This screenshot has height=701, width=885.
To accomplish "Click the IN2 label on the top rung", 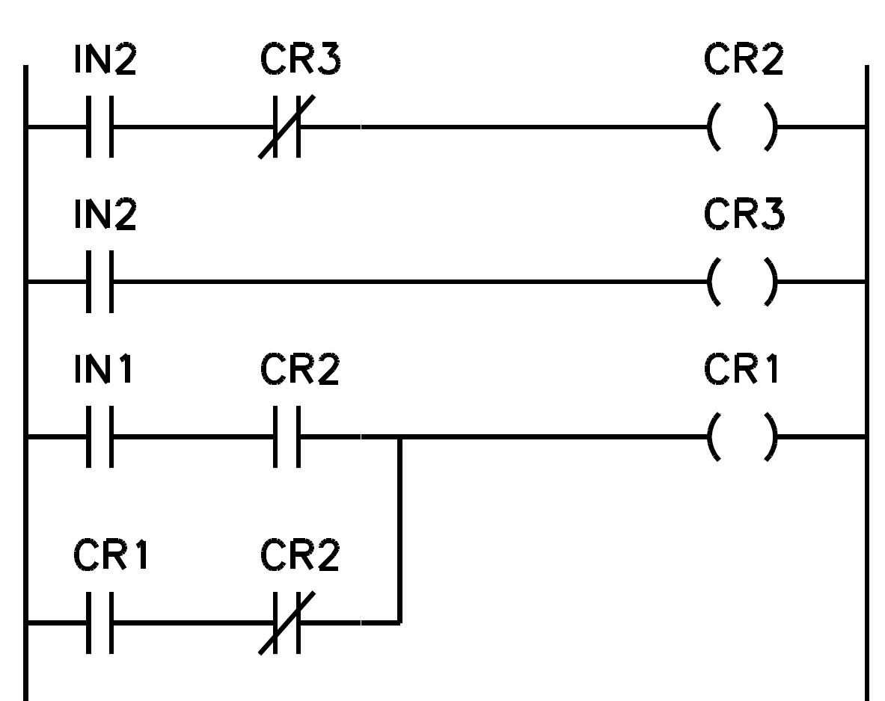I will [x=105, y=61].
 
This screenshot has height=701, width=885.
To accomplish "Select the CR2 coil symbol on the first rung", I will [x=742, y=126].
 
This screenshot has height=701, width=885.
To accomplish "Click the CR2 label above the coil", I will [x=743, y=61].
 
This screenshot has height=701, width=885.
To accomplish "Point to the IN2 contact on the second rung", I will [x=100, y=282].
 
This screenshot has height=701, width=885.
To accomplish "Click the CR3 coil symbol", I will [x=742, y=282].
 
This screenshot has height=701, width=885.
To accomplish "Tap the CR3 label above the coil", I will [x=743, y=215].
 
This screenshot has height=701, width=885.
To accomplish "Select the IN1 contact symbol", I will [x=100, y=436].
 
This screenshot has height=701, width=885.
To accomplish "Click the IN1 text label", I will [x=103, y=370].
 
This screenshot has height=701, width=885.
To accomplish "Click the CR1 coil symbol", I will [x=742, y=436].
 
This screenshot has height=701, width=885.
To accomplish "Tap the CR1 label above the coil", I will [x=741, y=370].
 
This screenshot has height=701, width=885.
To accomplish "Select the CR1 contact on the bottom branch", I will [x=100, y=622].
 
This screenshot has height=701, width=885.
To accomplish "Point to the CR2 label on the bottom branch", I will [x=299, y=556].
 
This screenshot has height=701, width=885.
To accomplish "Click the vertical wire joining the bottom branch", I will [x=399, y=531].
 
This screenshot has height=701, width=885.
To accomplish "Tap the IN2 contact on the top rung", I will [x=100, y=126].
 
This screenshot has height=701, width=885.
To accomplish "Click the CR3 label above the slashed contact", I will [x=299, y=61].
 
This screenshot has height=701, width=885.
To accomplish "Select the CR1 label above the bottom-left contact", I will [x=111, y=556].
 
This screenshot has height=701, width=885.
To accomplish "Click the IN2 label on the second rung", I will [x=105, y=215].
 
